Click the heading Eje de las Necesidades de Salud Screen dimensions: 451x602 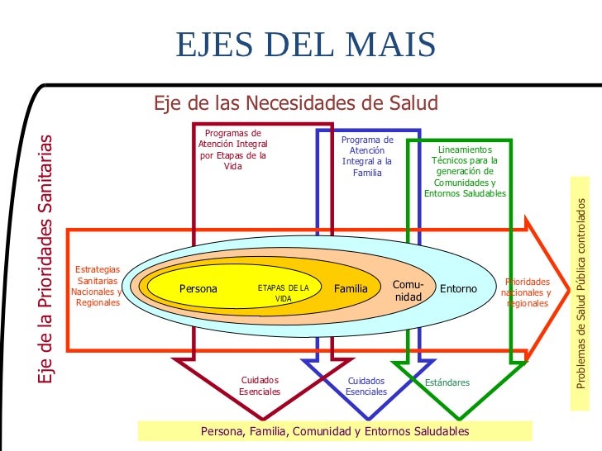coord(296,103)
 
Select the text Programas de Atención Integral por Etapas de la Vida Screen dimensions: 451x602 coord(233,150)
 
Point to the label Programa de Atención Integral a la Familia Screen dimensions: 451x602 coord(366,156)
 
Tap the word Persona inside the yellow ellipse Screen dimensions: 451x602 coord(198,289)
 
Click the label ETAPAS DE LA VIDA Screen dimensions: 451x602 coord(284,292)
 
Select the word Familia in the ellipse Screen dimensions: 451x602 coord(351,289)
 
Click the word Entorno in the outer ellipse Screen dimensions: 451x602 coord(458,289)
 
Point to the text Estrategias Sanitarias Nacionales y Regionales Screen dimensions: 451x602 coord(97,286)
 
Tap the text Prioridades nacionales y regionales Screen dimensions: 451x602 coord(527,292)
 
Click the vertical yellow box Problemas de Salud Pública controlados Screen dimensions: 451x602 coord(583,294)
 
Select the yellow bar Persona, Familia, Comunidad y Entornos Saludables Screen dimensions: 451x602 coord(335,431)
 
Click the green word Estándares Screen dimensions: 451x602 coord(447,382)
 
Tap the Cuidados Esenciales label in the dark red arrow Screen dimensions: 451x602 coord(260,386)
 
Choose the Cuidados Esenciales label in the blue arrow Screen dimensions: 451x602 coord(366,386)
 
